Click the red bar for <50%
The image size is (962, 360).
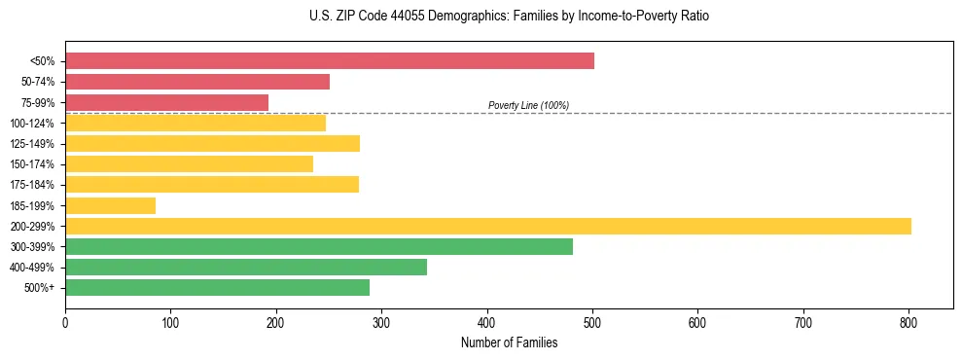point(330,61)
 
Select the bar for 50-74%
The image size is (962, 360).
point(197,82)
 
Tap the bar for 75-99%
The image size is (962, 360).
point(166,102)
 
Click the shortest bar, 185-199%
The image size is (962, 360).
point(110,205)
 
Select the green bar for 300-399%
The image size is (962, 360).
point(319,246)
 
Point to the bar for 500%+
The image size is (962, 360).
point(217,287)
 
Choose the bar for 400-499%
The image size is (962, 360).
point(246,267)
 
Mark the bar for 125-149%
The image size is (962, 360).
point(212,144)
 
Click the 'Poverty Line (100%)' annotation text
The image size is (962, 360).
point(528,105)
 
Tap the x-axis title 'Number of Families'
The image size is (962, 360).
point(510,342)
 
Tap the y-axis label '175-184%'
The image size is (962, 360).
point(32,185)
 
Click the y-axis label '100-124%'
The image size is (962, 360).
point(32,124)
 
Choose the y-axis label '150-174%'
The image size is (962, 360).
point(32,164)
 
